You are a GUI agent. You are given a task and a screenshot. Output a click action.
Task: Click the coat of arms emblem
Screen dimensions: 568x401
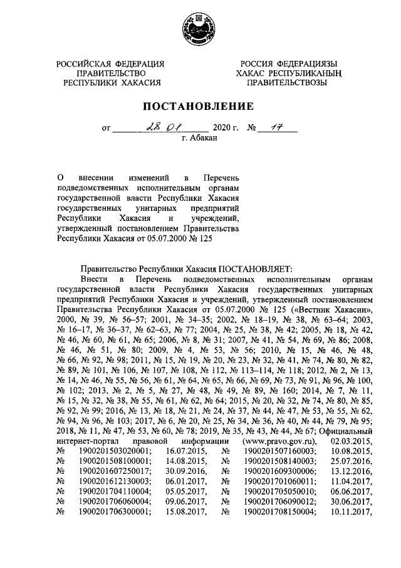(200, 29)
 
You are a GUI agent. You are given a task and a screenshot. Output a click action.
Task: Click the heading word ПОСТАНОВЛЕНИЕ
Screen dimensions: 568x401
(200, 106)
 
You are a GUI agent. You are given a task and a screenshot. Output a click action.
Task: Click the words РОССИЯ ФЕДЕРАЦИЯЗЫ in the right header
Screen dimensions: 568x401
(290, 64)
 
